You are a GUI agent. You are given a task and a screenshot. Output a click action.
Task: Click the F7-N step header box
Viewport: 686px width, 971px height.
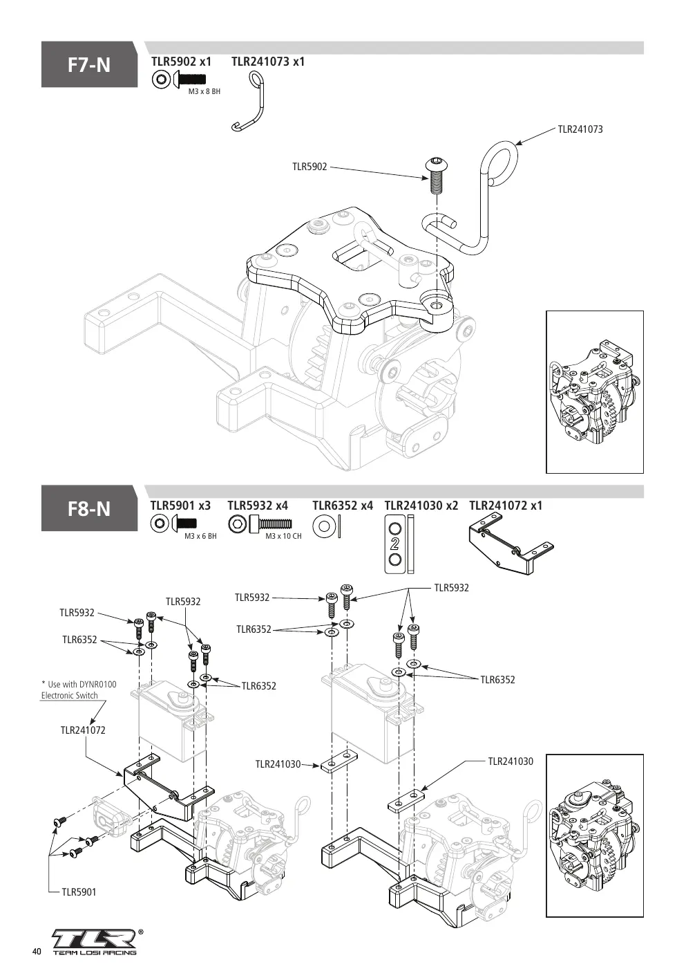89,64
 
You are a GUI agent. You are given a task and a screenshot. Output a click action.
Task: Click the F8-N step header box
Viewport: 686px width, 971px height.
89,508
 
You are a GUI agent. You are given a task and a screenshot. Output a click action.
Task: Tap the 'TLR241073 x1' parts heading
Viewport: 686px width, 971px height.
268,62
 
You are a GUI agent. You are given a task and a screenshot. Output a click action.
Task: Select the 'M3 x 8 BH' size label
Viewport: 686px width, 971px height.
204,92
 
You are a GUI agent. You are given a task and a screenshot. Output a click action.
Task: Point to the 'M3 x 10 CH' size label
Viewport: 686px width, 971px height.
284,536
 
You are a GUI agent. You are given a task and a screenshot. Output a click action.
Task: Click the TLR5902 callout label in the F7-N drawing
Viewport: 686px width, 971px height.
309,167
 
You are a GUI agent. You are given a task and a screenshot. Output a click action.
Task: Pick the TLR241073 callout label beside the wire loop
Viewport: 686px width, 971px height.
580,129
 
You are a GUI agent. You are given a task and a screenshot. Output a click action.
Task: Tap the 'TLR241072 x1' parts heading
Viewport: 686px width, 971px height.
506,506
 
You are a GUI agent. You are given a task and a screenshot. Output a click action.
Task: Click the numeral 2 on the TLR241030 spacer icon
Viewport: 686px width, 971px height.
394,544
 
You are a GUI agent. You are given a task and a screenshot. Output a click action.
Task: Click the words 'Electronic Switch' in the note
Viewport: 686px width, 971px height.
70,695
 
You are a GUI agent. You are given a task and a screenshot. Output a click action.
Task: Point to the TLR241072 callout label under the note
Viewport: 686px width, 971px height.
83,730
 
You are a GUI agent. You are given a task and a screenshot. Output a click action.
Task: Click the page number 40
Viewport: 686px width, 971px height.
37,952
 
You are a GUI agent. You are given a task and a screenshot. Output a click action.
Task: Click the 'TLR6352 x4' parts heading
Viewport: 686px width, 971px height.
343,506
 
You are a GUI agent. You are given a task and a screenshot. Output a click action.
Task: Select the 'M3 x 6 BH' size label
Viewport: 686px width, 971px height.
200,536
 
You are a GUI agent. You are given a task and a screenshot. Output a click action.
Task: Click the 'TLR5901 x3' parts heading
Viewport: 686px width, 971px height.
180,506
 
